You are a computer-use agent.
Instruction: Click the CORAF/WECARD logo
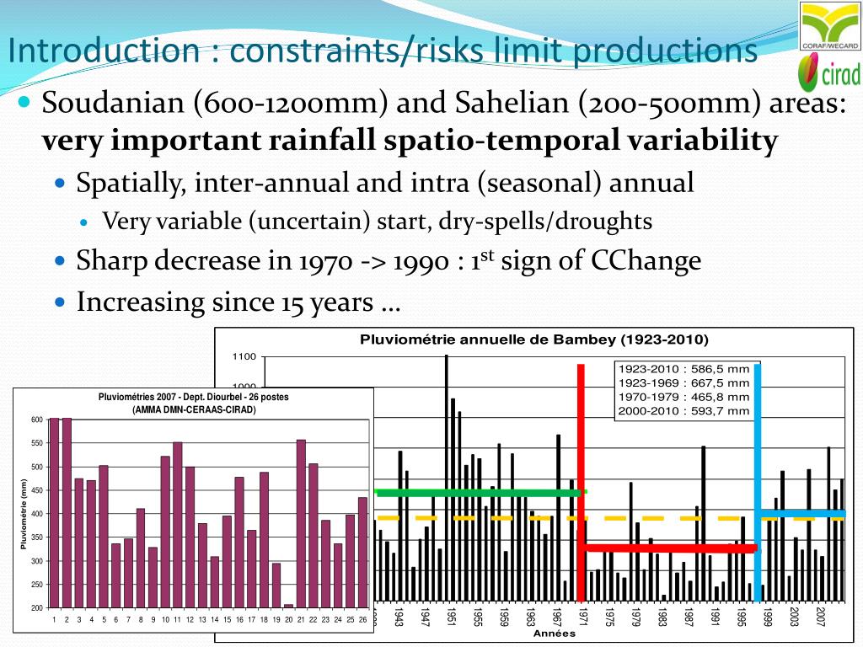829,27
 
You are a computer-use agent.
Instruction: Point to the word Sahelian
515,105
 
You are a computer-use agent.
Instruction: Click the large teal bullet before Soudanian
24,102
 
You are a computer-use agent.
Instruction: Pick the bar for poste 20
288,606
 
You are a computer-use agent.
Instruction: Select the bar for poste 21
301,523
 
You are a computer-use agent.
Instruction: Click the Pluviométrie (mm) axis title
24,514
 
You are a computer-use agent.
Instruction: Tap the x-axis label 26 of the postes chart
362,620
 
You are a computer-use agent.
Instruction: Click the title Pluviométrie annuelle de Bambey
534,340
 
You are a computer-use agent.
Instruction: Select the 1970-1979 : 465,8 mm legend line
683,397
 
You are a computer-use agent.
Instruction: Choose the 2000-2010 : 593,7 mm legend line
683,410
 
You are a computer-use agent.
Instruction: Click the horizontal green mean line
480,493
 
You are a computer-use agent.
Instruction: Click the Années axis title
555,634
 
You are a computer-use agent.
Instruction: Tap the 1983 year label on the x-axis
662,617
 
